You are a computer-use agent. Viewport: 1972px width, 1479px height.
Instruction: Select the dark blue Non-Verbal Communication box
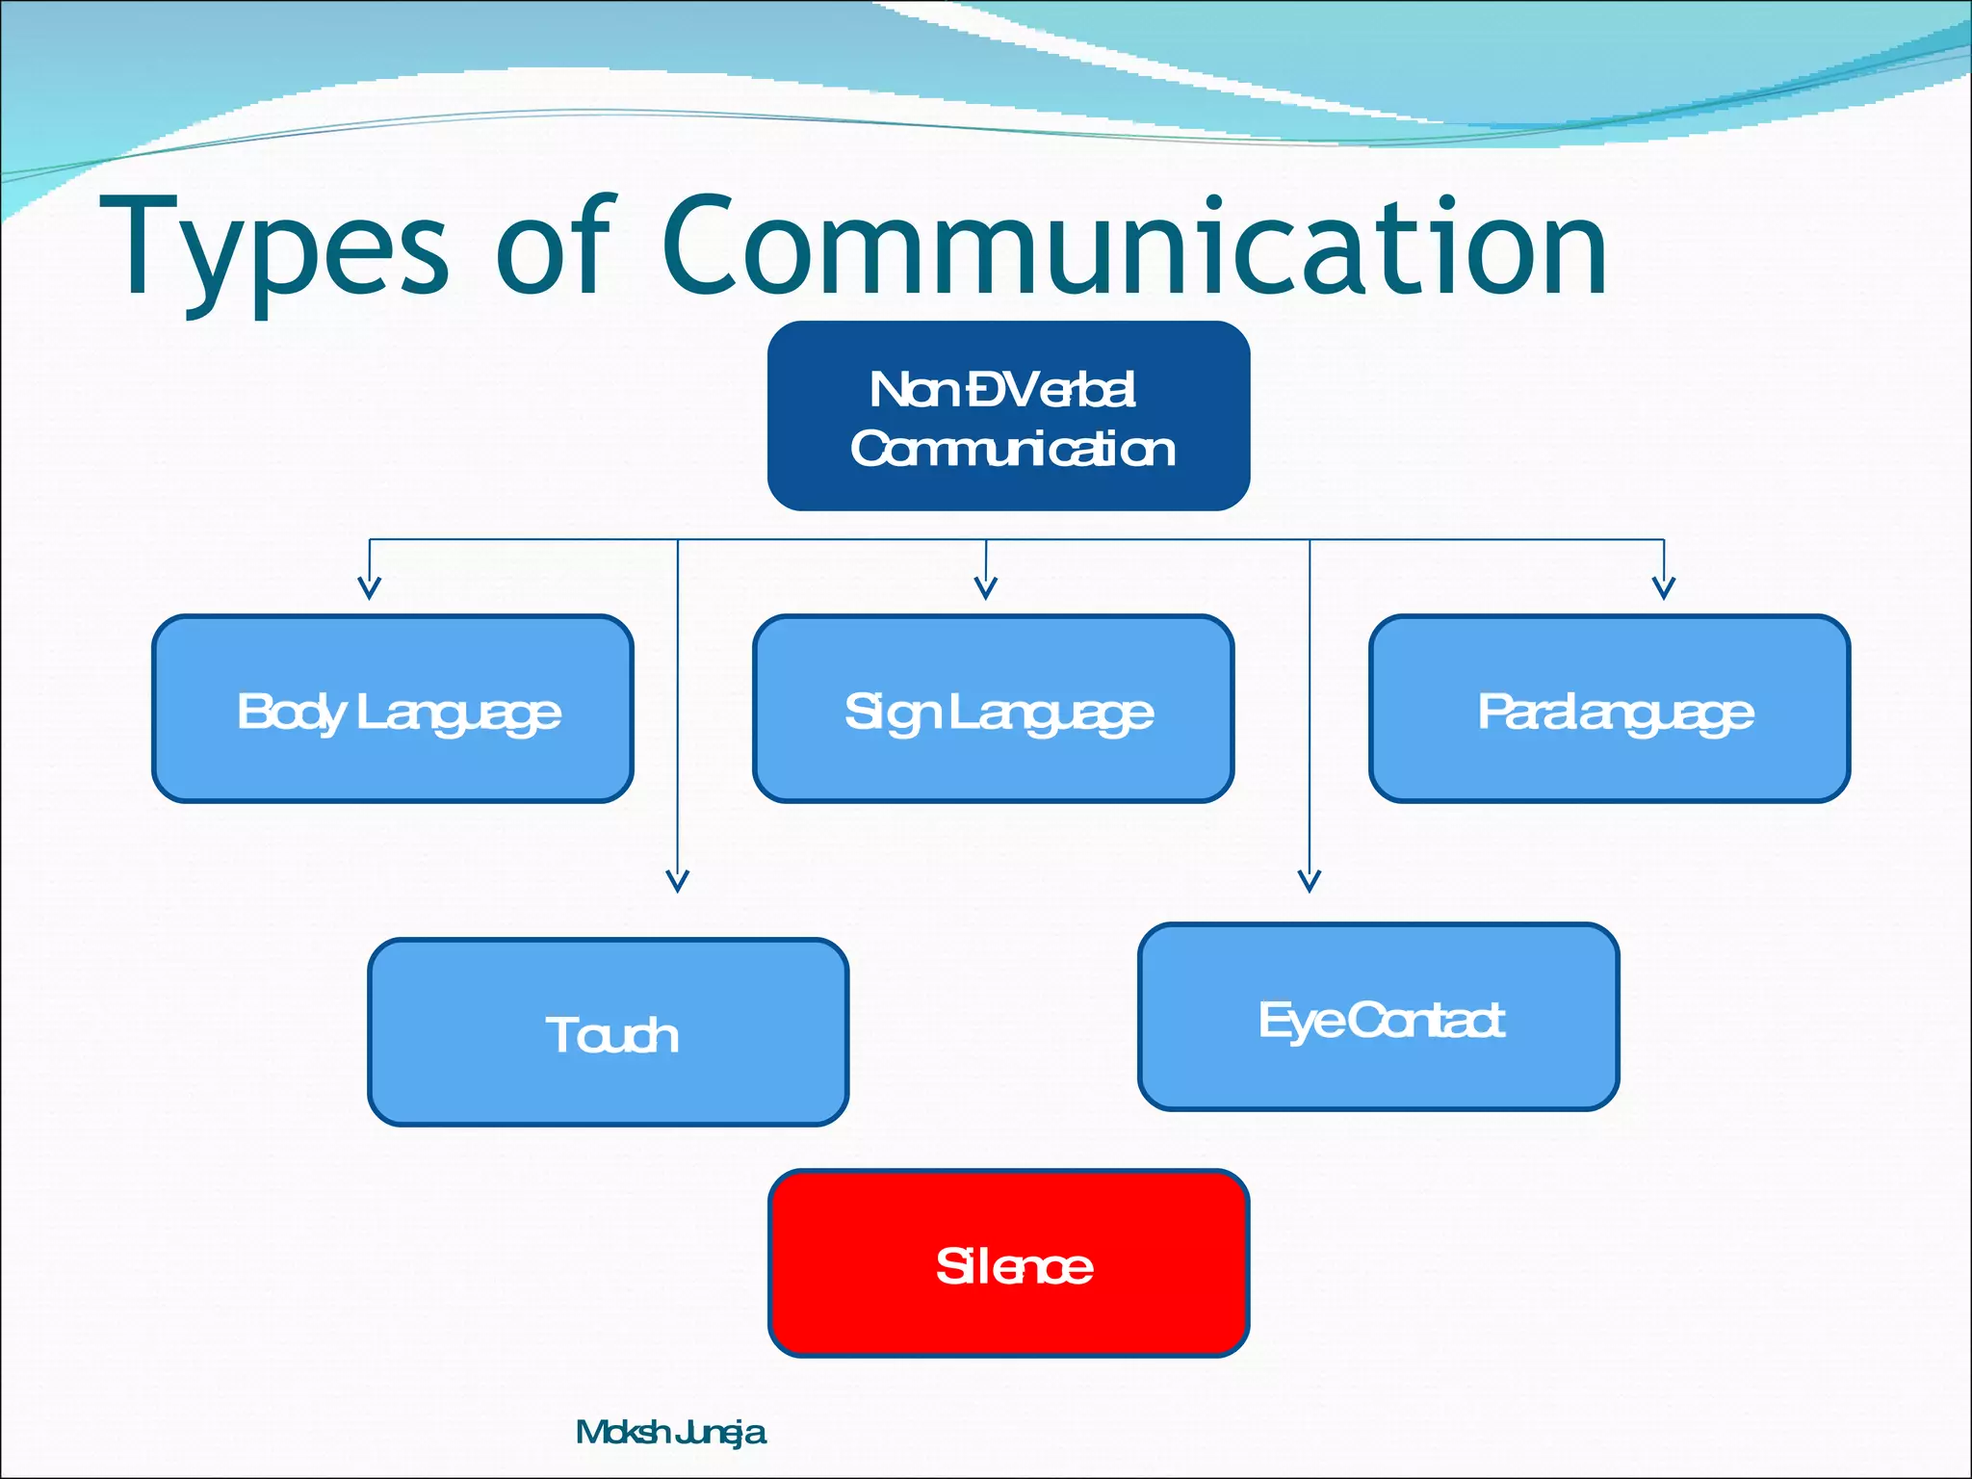click(x=1008, y=416)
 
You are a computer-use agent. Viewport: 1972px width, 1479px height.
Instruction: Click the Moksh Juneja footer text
click(x=670, y=1433)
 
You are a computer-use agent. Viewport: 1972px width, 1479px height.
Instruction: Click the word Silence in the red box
click(x=1014, y=1266)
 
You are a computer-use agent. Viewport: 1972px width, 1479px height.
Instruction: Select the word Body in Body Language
click(x=291, y=713)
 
